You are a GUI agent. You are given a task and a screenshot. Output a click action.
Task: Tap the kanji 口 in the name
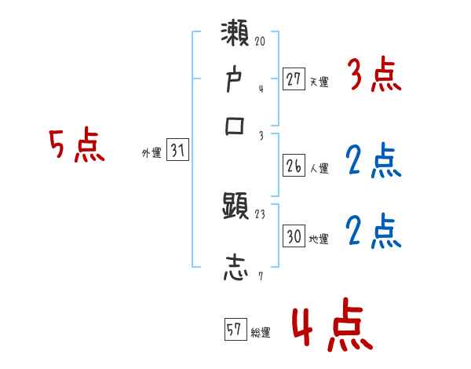click(x=235, y=126)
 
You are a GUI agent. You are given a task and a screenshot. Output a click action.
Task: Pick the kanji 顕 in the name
click(x=235, y=207)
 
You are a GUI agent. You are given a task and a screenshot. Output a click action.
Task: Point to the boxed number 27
click(x=293, y=79)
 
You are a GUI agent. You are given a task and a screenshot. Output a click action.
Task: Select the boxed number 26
click(x=293, y=166)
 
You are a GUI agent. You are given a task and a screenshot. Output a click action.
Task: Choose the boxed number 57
click(x=233, y=331)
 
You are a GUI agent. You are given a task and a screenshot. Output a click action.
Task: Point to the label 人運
click(x=319, y=168)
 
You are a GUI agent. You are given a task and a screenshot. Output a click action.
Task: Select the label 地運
click(x=319, y=239)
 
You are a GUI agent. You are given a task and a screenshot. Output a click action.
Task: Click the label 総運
click(x=260, y=332)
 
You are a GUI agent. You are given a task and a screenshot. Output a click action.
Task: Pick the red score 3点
click(x=374, y=76)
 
